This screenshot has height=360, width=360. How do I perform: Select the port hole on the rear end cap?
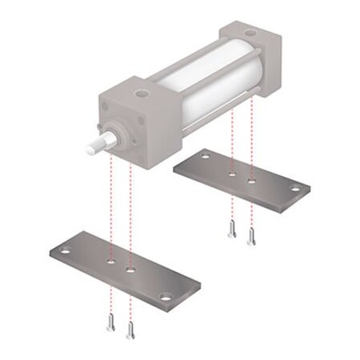point(251,34)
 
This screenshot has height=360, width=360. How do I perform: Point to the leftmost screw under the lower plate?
point(110,323)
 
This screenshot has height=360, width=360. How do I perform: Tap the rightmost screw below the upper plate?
point(251,234)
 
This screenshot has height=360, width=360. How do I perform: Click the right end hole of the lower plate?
point(165,298)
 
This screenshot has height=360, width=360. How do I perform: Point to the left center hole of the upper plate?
point(232,171)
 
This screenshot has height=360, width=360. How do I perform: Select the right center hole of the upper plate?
point(252,182)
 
